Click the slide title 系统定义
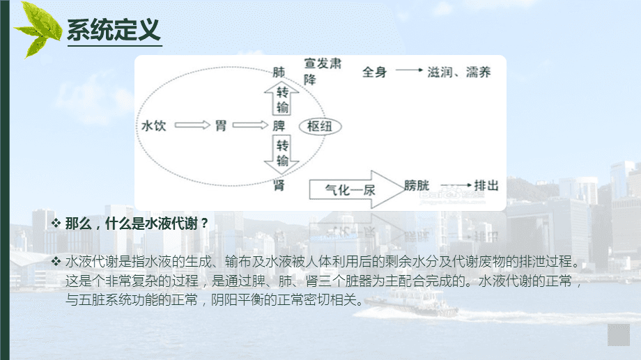coord(114,31)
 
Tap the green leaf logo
coord(39,28)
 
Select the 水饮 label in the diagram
coord(153,126)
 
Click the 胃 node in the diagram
coord(221,126)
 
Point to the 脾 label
coord(279,126)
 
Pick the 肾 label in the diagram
coord(279,184)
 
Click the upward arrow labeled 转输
coord(281,98)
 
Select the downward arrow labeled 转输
coord(281,155)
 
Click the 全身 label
coord(375,72)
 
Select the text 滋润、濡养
coord(458,72)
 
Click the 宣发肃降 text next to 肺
coord(322,71)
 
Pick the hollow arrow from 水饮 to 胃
coord(191,126)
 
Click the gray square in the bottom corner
coord(619,334)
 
